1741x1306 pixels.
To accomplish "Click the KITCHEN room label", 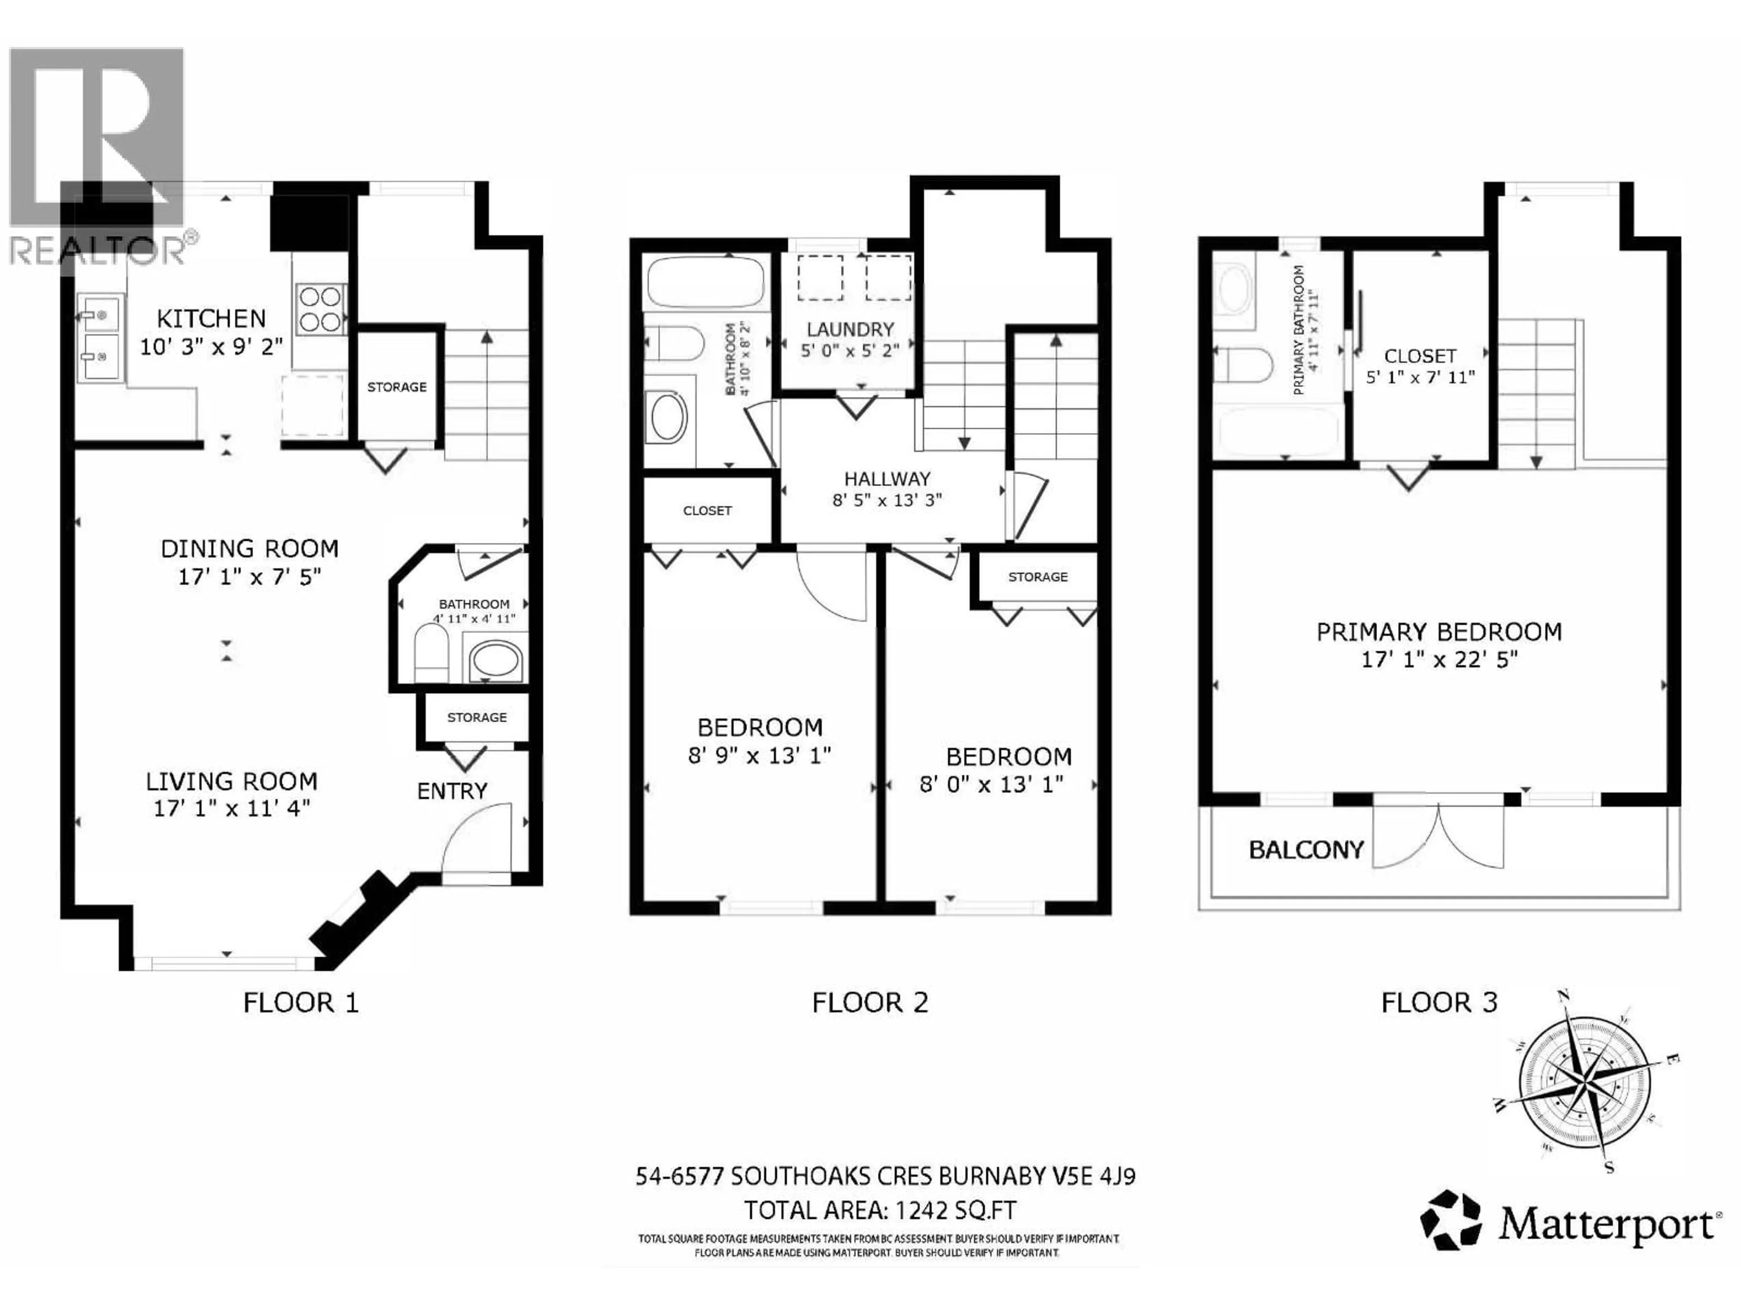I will pyautogui.click(x=211, y=319).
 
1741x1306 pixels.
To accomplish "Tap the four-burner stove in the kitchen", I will pyautogui.click(x=321, y=309).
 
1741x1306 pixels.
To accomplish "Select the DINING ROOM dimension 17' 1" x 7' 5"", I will pyautogui.click(x=249, y=577).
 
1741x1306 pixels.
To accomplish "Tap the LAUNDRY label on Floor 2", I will pyautogui.click(x=850, y=329).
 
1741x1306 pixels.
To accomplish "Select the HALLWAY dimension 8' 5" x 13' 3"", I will pyautogui.click(x=887, y=500).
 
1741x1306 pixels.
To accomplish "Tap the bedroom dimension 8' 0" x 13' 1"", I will pyautogui.click(x=991, y=785).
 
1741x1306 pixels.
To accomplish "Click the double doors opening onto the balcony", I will pyautogui.click(x=1438, y=836).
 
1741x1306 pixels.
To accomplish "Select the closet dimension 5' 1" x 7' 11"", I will pyautogui.click(x=1420, y=377).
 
